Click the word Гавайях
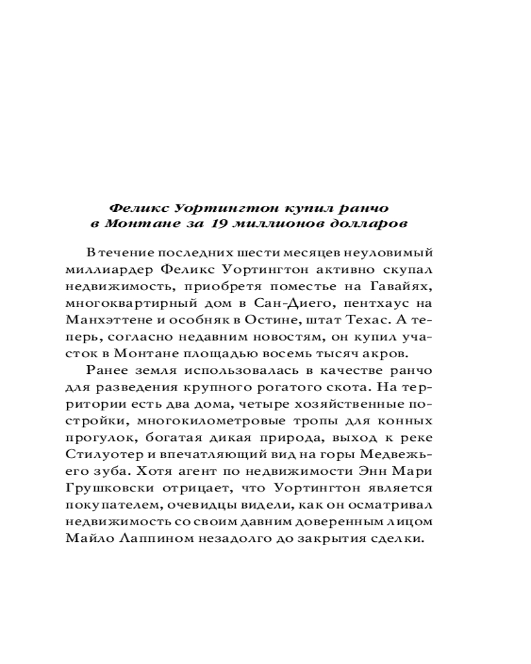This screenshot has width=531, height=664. tap(406, 286)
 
